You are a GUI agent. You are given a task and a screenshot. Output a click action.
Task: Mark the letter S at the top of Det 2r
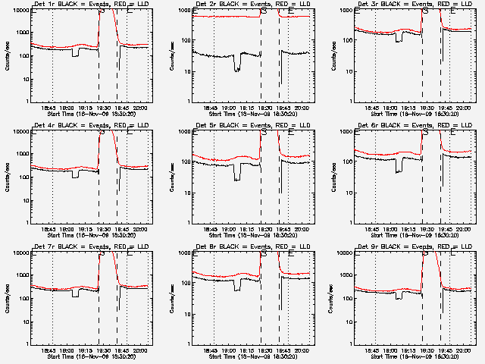coord(263,12)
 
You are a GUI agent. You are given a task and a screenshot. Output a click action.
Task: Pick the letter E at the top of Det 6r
coord(453,133)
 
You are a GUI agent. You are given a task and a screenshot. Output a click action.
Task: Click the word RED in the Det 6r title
coord(440,126)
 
